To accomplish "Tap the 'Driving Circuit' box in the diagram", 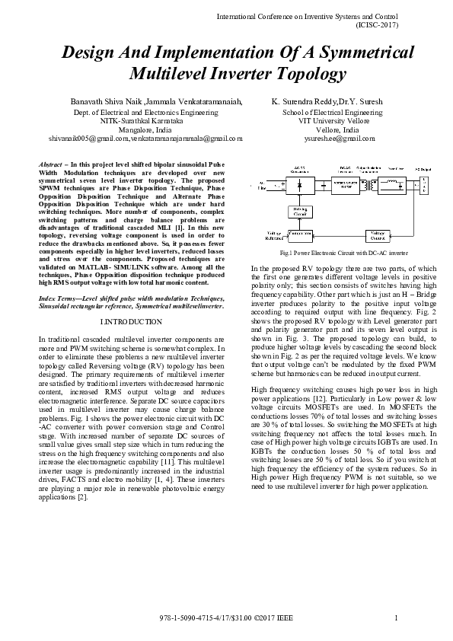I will (x=301, y=211).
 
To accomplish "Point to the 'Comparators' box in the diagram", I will (x=301, y=236).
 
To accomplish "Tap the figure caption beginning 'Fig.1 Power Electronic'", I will (x=344, y=252).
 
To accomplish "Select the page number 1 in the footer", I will (x=397, y=616).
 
